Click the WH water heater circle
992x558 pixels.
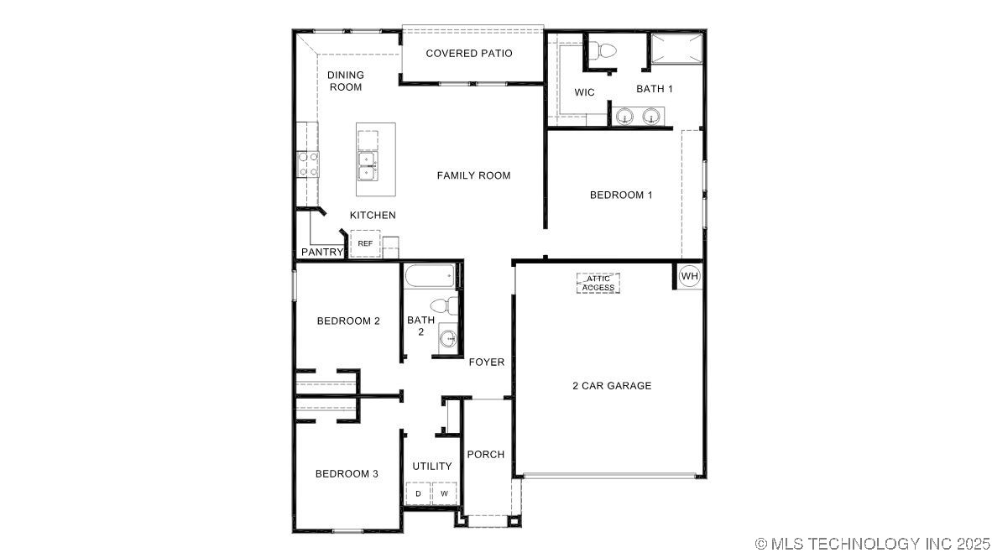[689, 276]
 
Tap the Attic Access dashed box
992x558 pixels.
[598, 283]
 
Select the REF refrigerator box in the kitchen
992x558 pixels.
[365, 243]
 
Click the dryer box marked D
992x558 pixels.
[418, 494]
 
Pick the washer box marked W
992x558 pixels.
[445, 494]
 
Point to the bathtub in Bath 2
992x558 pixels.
[430, 275]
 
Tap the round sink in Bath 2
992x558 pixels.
[449, 339]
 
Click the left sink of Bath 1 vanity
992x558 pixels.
[624, 117]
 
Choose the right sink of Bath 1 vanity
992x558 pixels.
[650, 117]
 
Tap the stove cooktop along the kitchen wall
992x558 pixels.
[307, 164]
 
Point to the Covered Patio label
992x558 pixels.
[469, 54]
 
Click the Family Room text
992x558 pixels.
[473, 175]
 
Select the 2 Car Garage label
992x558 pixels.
[612, 386]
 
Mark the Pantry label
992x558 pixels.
[322, 252]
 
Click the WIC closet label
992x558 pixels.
[584, 92]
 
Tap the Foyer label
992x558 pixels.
[487, 362]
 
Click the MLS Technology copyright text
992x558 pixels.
[871, 544]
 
